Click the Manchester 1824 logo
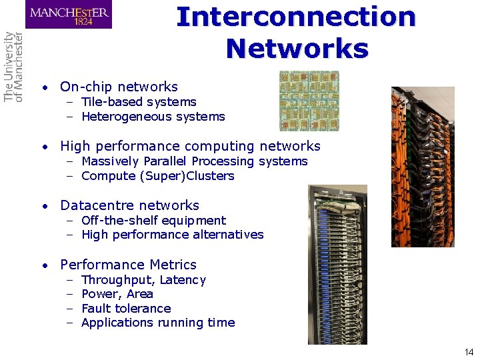pos(69,15)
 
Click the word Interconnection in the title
pos(296,17)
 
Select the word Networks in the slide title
pos(297,48)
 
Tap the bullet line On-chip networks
pos(119,87)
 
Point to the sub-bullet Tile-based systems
pos(139,102)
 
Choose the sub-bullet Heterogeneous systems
pos(153,117)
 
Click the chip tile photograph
pos(309,101)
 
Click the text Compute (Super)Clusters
pos(157,176)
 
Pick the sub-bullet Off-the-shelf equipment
pos(153,221)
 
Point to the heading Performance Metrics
pos(128,265)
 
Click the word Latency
pos(183,280)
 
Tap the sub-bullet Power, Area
pos(117,294)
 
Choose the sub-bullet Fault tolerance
pos(126,309)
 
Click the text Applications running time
pos(158,323)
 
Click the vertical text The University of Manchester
pos(13,67)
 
